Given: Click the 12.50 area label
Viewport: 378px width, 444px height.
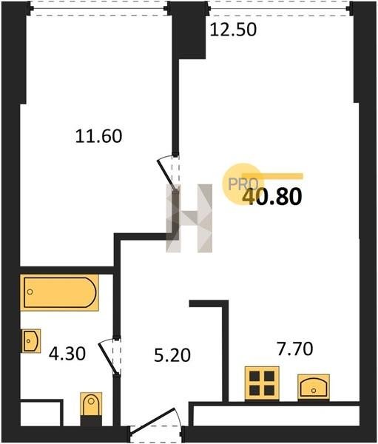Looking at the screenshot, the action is point(233,30).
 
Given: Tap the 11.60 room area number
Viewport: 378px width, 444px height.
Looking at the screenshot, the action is point(99,136).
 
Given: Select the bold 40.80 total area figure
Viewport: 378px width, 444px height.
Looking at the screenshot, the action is point(273,197).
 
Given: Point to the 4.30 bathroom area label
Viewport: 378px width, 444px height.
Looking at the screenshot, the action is point(67,354).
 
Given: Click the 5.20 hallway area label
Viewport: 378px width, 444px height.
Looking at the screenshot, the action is point(172,355).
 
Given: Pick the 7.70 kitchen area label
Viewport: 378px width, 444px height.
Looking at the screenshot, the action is point(295,349).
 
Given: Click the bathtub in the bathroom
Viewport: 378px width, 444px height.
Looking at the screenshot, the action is point(59,292).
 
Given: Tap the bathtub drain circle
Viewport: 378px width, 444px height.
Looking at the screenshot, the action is point(30,292).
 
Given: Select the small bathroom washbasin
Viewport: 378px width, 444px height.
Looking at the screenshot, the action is point(31,341).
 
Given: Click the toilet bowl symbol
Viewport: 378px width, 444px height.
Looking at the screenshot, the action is point(91,404).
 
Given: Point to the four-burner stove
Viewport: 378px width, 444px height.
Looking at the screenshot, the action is point(262,383).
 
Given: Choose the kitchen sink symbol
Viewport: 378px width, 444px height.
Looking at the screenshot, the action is point(314,387).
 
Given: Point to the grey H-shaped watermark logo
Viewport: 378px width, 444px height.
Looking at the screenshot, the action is point(189,218).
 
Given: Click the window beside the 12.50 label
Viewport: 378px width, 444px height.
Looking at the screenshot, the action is point(280,8).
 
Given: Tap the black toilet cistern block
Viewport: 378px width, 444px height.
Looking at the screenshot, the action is point(91,420).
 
